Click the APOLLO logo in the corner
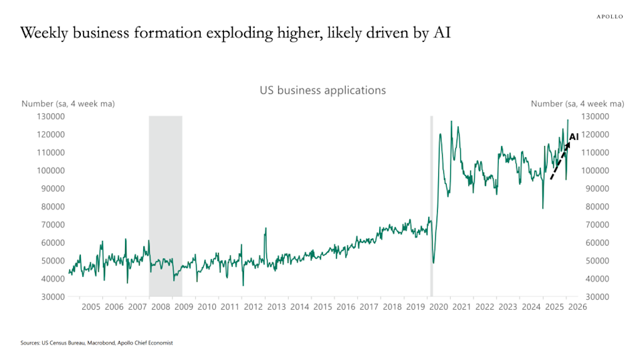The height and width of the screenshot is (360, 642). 609,16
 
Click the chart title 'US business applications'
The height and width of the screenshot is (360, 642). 322,90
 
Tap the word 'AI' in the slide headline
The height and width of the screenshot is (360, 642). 440,33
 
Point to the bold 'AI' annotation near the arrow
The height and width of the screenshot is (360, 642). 574,137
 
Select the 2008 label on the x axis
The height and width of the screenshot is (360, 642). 160,307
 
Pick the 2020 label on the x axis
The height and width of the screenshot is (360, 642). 438,307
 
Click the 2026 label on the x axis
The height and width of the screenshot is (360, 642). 577,307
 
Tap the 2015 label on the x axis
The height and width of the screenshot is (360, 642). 322,307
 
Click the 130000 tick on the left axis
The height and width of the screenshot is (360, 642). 50,116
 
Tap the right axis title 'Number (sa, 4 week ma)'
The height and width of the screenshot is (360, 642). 577,103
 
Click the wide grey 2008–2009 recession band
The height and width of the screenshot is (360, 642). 165,201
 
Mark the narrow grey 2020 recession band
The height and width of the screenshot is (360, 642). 431,201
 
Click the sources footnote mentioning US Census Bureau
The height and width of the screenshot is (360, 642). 97,343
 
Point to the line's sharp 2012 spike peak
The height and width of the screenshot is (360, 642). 265,229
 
